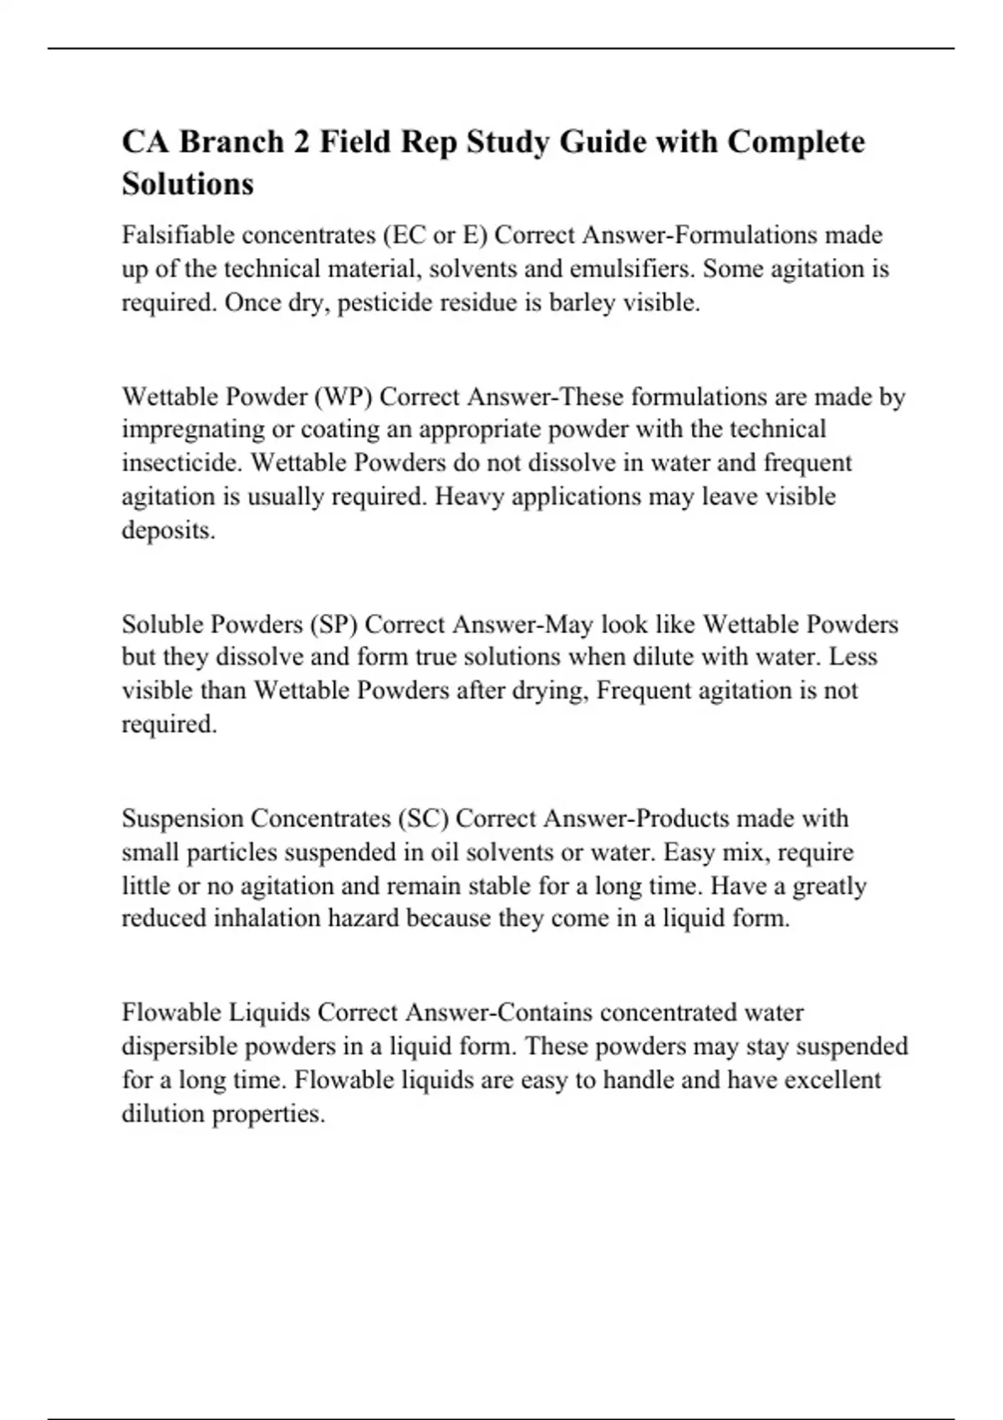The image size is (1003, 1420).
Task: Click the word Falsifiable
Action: point(178,236)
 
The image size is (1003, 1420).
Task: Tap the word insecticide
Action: point(179,463)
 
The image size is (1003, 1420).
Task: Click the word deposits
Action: point(168,530)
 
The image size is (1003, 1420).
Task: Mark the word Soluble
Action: point(162,624)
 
